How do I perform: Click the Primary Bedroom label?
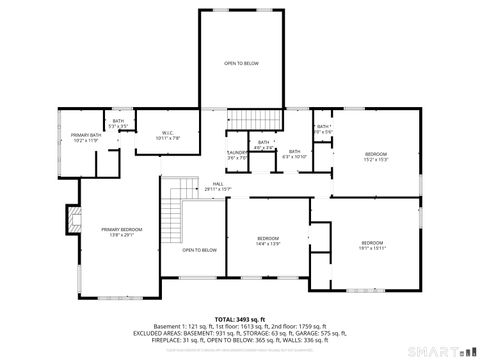point(121,229)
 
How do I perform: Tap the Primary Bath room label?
point(86,135)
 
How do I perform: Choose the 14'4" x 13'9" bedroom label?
point(267,238)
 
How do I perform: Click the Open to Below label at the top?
point(241,64)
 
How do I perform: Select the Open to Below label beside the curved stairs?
point(200,250)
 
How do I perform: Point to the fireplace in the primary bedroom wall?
point(70,218)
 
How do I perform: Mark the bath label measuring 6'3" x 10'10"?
point(295,152)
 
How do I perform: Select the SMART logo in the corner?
point(440,352)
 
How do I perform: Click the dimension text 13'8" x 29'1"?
point(122,235)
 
